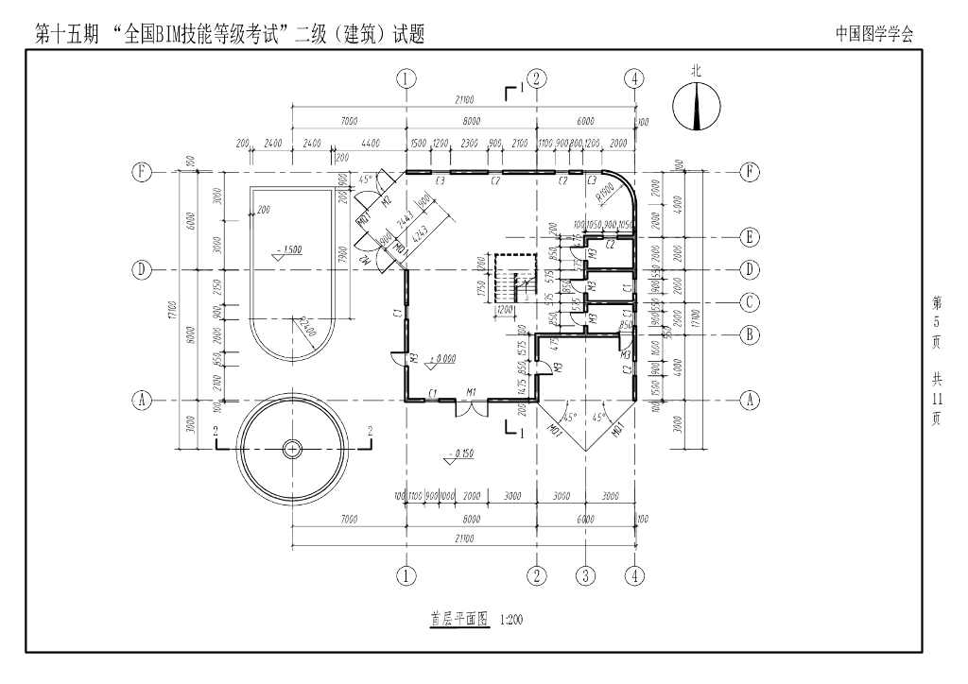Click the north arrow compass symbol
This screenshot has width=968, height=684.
click(697, 106)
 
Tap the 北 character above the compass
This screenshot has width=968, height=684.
click(697, 71)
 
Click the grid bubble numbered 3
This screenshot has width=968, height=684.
click(586, 574)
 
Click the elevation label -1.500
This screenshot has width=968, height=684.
click(288, 250)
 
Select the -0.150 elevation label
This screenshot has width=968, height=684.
click(463, 454)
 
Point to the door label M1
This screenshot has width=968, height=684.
click(471, 391)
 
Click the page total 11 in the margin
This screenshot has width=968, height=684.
click(937, 399)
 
